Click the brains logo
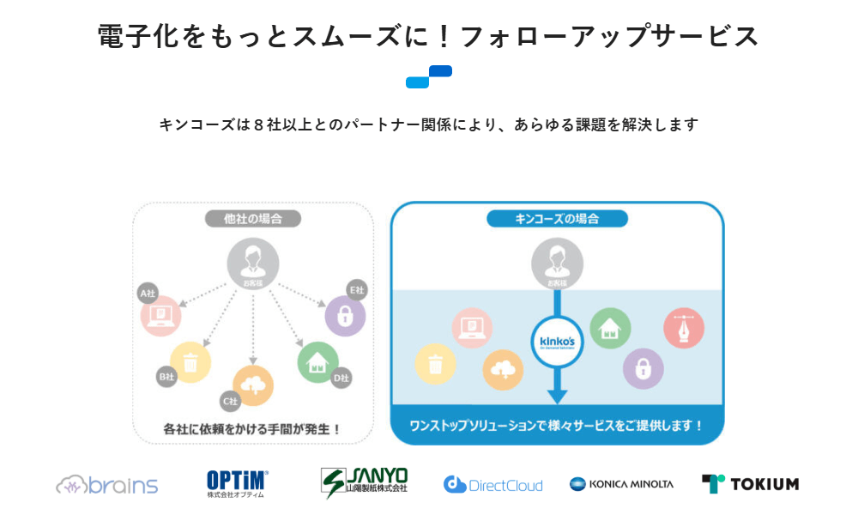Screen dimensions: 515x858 [107, 485]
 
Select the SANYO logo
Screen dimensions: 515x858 [364, 482]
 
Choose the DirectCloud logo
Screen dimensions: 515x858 [493, 485]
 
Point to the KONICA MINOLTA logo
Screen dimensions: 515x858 [622, 484]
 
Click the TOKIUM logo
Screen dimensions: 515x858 [750, 484]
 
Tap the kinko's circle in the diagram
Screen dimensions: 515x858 [558, 342]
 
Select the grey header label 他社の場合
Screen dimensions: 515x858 [253, 218]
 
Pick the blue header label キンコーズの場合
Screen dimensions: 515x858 [557, 218]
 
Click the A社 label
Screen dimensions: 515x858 [148, 294]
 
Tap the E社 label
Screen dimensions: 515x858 [355, 290]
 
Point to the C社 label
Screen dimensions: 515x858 [230, 400]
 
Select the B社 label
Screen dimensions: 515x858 [166, 375]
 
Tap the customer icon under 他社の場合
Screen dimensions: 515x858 [253, 263]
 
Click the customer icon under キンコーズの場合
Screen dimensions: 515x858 [558, 263]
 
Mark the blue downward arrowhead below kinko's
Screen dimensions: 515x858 [558, 396]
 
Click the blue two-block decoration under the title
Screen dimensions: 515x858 [429, 76]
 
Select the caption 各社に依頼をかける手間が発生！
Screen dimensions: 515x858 [252, 427]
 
